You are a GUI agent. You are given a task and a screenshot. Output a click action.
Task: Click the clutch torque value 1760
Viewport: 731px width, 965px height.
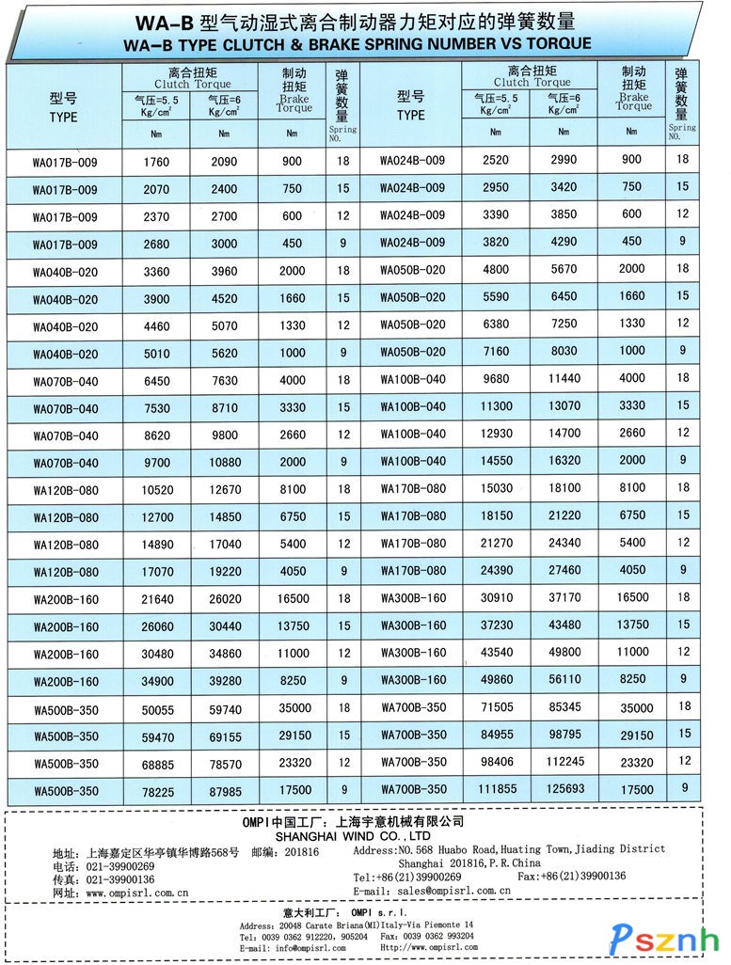156,162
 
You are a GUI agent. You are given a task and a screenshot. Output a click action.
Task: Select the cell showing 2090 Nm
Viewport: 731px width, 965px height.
224,162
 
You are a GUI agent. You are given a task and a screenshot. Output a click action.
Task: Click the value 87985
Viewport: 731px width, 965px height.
224,792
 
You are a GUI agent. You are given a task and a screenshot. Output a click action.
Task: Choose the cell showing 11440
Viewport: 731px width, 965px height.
564,378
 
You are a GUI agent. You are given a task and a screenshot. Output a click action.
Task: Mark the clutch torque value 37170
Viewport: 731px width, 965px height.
564,597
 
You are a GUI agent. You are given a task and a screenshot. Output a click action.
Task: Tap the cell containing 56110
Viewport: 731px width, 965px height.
564,679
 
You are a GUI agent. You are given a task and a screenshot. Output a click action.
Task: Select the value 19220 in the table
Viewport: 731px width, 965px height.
224,571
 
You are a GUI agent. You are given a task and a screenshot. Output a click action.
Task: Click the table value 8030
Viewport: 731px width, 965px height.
564,351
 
